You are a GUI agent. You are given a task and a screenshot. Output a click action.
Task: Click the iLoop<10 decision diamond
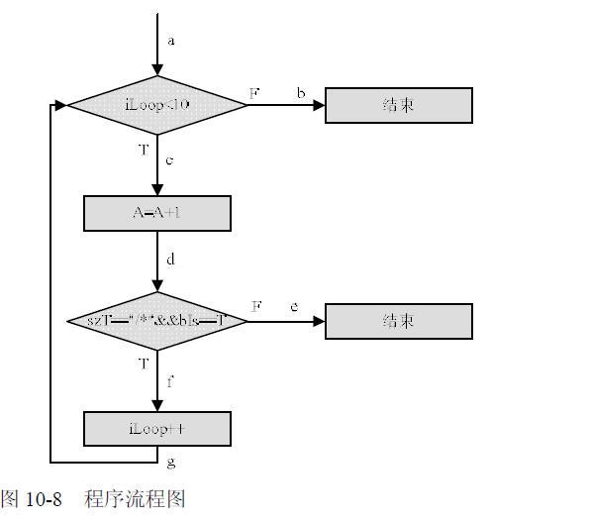click(156, 105)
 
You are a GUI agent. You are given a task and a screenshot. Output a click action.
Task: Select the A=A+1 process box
click(156, 213)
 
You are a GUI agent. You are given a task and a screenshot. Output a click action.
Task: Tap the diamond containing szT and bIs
click(156, 321)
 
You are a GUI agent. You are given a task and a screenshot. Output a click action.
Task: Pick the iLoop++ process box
click(156, 429)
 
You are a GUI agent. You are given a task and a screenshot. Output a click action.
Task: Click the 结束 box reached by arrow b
click(398, 105)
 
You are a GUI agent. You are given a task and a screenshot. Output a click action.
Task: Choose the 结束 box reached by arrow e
click(398, 321)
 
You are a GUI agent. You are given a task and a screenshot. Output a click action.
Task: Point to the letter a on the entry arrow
click(171, 41)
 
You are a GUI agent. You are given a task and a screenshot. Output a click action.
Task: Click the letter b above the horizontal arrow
click(301, 93)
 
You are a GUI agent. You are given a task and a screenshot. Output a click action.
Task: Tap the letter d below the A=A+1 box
click(170, 260)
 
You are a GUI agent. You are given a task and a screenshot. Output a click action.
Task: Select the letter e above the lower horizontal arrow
click(294, 307)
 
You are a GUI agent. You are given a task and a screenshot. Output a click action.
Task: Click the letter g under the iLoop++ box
click(170, 462)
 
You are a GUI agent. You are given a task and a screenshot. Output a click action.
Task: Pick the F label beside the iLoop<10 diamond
click(254, 93)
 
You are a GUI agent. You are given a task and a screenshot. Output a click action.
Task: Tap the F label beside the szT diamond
click(255, 307)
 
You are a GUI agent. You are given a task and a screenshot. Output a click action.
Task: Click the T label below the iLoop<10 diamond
click(144, 150)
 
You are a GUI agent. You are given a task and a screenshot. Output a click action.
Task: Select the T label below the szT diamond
click(144, 364)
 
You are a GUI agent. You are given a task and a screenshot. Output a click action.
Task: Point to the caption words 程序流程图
click(135, 498)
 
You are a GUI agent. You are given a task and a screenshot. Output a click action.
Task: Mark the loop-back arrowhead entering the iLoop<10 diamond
click(60, 105)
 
